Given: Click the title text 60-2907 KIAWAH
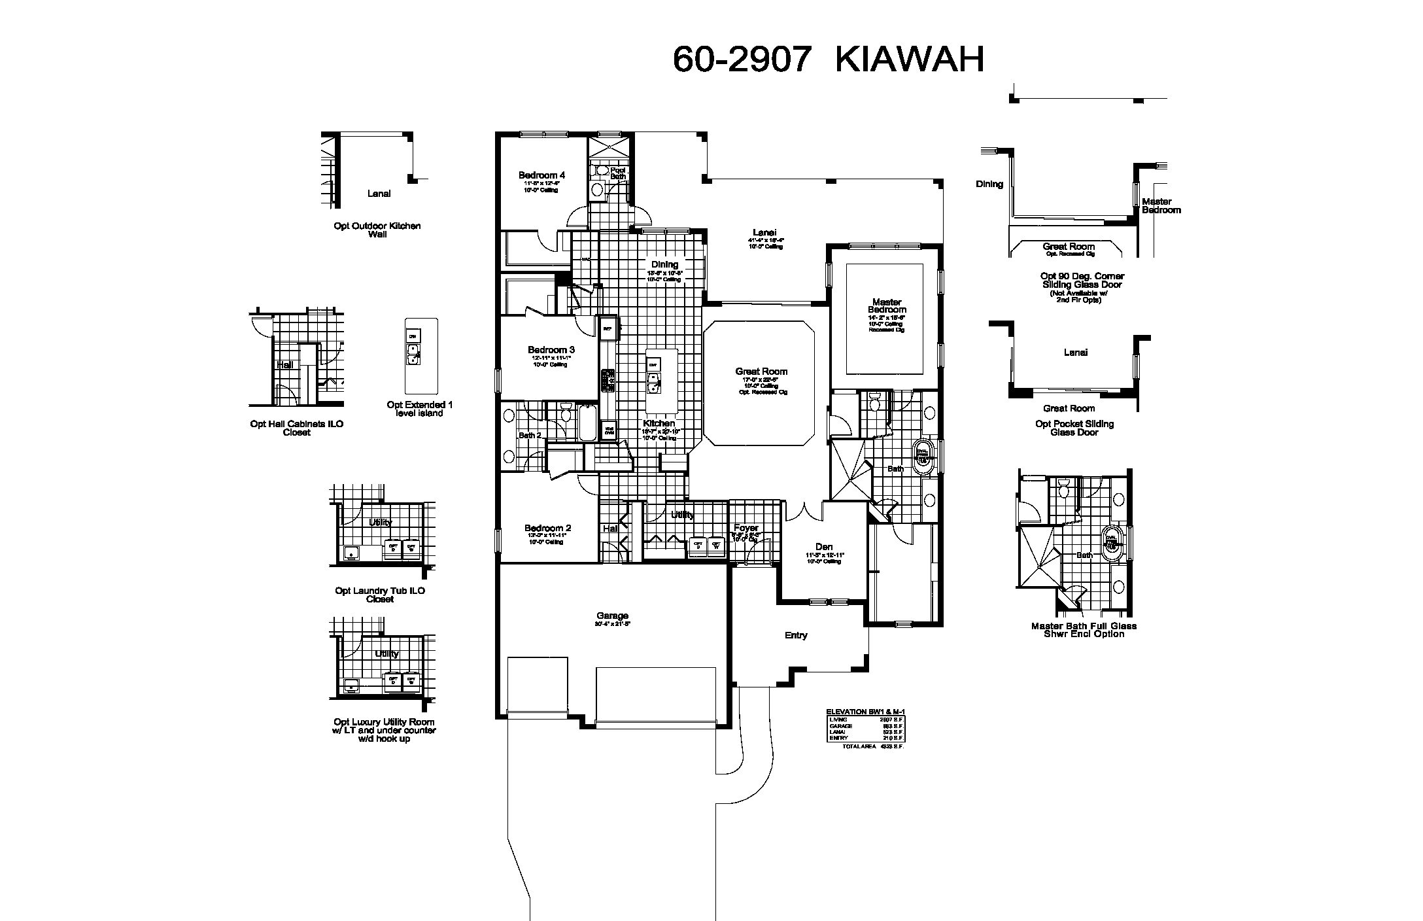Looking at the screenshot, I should (x=828, y=60).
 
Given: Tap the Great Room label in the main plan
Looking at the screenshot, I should (x=761, y=372).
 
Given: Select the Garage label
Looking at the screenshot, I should (x=612, y=616).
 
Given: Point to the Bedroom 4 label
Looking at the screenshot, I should (x=541, y=175).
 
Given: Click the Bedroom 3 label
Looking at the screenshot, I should (x=551, y=350).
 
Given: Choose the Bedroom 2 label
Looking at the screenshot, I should (x=547, y=529).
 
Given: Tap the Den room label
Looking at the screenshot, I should (x=823, y=547).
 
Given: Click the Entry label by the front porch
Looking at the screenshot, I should (x=796, y=635).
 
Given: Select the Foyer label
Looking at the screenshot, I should (x=746, y=528).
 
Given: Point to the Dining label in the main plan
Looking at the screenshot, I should (x=664, y=265).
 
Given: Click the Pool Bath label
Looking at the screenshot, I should (x=618, y=173).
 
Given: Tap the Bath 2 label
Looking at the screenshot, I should (x=530, y=435).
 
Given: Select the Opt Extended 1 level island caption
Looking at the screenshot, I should (x=420, y=409).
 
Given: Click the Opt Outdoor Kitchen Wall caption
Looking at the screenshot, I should (x=377, y=230).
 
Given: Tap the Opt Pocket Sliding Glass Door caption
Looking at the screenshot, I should (x=1074, y=428).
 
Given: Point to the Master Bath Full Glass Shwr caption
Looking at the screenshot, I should (x=1084, y=630).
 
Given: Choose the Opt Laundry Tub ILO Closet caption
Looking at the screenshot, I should (x=380, y=595).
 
